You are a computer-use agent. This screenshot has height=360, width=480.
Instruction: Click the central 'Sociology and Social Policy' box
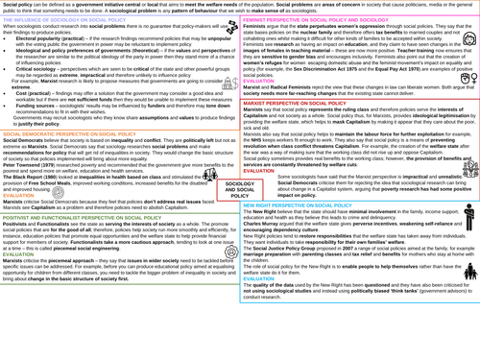coord(240,189)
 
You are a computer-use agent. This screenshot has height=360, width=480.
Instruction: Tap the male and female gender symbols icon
coord(468,79)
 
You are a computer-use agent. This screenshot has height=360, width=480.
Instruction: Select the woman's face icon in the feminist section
coord(468,40)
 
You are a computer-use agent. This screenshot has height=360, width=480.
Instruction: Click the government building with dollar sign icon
coord(229,85)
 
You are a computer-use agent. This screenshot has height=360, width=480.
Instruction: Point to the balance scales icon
coord(210,176)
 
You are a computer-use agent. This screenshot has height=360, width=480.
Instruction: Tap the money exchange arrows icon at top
coord(231,29)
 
